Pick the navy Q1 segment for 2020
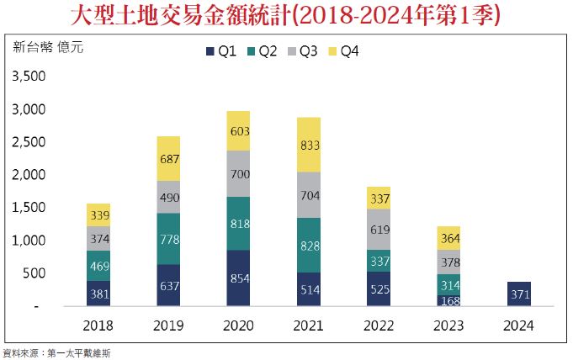point(238,278)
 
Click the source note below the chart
point(56,353)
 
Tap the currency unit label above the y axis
point(49,48)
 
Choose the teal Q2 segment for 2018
point(98,265)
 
